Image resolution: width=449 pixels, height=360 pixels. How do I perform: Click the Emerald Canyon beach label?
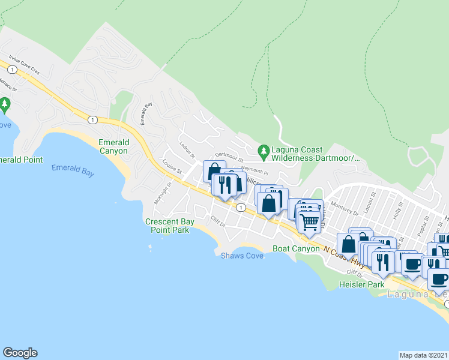pos(113,146)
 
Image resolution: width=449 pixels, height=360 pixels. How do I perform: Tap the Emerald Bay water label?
pos(73,170)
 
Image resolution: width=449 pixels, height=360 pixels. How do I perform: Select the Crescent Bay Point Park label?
pos(167,226)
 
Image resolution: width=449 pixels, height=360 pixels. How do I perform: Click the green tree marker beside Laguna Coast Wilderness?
pos(263,150)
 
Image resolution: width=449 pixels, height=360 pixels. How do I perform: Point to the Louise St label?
pos(172,167)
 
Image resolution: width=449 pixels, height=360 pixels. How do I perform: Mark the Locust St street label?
pos(372,197)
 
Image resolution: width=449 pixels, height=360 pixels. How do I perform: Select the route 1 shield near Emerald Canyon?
pos(91,119)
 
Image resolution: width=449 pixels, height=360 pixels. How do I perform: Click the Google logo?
pos(20,353)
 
